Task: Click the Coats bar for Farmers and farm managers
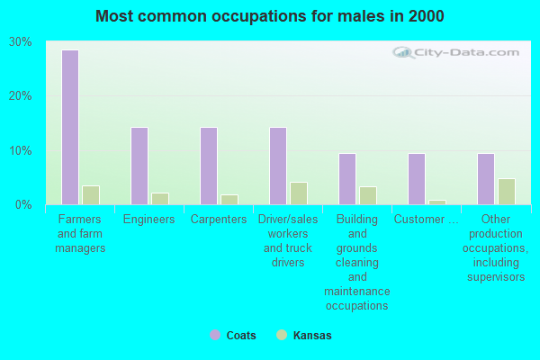[x=70, y=127]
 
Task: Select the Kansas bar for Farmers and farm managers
[x=91, y=194]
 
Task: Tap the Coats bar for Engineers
[x=139, y=166]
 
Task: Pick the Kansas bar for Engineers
[x=160, y=198]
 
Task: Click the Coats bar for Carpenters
[x=209, y=166]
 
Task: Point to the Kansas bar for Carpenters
[x=229, y=199]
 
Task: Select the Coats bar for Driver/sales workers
[x=278, y=166]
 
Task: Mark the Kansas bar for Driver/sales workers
[x=299, y=193]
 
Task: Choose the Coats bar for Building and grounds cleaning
[x=347, y=178]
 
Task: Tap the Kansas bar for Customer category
[x=437, y=202]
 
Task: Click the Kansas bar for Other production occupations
[x=507, y=191]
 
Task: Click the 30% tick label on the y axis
[x=21, y=42]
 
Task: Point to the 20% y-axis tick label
[x=21, y=96]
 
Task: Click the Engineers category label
[x=149, y=220]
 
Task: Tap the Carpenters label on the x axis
[x=219, y=220]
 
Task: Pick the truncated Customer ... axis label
[x=427, y=220]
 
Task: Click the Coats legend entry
[x=233, y=336]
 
